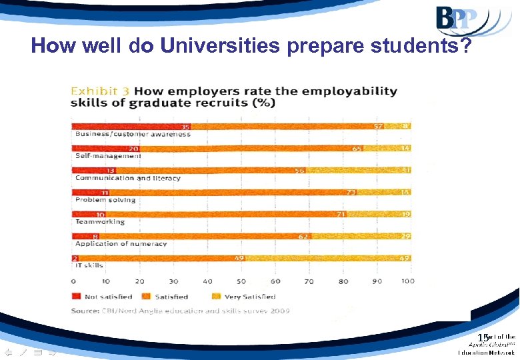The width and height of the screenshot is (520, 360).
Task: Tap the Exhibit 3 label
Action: tap(101, 91)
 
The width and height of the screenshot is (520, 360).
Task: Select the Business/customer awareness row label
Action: tap(133, 134)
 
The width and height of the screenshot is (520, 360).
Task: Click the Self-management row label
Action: tap(108, 156)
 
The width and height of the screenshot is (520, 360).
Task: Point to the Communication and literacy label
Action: tap(127, 178)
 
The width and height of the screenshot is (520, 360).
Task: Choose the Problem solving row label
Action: tap(105, 200)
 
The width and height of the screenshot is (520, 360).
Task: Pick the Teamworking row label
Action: tap(100, 221)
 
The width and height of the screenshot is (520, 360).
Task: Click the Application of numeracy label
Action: tap(121, 243)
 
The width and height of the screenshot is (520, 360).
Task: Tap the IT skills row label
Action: tap(89, 265)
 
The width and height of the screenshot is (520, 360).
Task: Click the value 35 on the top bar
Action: tap(185, 126)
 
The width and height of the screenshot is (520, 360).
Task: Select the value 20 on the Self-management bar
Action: tap(134, 148)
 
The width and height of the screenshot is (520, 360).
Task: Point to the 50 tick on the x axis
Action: tap(241, 281)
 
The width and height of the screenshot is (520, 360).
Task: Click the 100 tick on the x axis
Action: tap(408, 281)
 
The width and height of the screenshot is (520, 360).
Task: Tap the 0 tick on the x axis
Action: tap(73, 281)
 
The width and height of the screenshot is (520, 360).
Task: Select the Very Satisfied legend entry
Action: tap(247, 297)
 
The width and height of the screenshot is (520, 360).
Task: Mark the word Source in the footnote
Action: tap(84, 311)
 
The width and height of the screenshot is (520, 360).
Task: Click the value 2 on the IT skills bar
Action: tap(77, 258)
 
